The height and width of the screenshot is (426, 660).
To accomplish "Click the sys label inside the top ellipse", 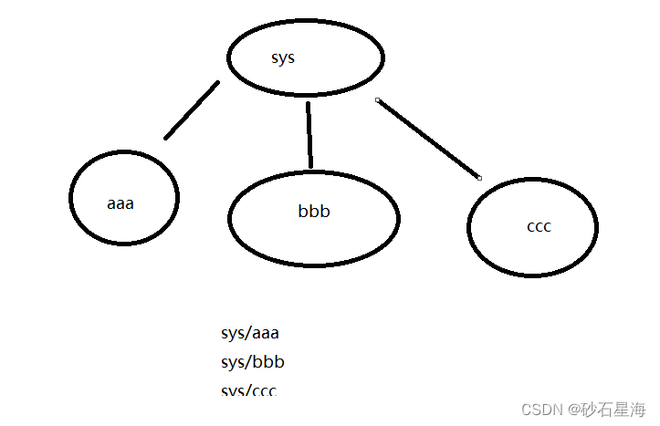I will point(283,58).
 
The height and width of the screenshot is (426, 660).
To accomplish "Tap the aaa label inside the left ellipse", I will point(120,203).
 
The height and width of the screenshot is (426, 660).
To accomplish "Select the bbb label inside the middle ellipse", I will point(313,212).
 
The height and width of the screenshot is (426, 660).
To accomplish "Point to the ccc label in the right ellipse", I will point(539,226).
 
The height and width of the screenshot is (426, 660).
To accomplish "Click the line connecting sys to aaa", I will point(192,110).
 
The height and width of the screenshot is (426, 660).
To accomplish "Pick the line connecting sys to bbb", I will point(309,135).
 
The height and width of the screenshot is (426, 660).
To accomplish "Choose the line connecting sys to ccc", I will point(428,139).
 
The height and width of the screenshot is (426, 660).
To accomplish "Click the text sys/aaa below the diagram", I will point(249,334).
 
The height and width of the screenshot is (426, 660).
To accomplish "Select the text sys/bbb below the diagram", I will point(253,362).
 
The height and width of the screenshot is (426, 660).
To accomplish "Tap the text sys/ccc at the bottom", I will point(248,390).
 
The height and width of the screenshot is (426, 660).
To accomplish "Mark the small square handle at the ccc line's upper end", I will point(377,99).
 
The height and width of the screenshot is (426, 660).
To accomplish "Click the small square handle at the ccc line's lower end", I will point(479,178).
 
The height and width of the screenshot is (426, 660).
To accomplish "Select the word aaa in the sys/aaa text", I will point(264,334).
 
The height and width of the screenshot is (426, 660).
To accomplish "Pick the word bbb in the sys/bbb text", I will point(267,362).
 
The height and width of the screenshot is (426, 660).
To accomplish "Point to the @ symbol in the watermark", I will point(573,409).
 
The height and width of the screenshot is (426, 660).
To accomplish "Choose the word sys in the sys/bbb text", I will point(232,362).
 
